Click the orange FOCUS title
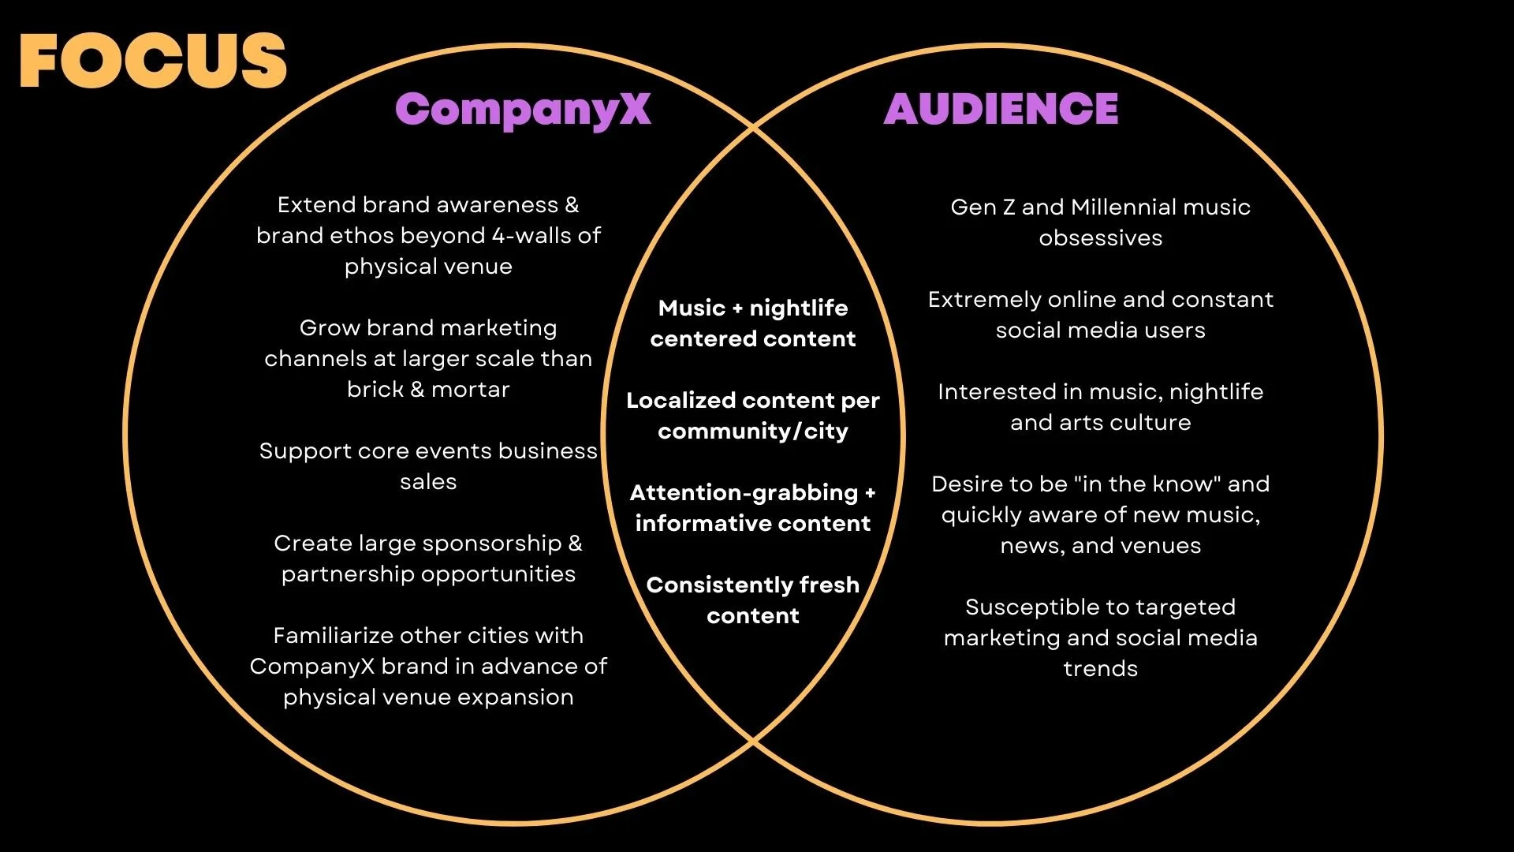tap(153, 61)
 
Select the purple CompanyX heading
tap(523, 110)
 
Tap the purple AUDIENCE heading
tap(1001, 109)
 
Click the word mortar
tap(471, 390)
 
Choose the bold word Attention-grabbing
tap(744, 493)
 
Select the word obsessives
tap(1100, 238)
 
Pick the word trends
tap(1100, 669)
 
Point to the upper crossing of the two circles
tap(754, 127)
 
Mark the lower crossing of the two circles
tap(754, 742)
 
